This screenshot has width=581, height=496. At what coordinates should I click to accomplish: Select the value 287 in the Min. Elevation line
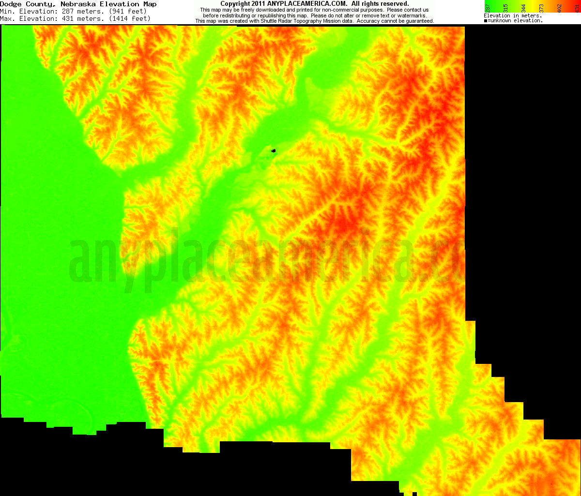[x=70, y=11]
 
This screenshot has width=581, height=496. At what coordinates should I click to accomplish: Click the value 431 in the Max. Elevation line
[x=70, y=18]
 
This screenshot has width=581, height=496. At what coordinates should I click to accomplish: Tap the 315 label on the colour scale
[x=505, y=9]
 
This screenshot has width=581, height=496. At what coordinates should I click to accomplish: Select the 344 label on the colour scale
[x=523, y=9]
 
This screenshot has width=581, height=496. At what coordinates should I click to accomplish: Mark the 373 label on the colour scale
[x=541, y=9]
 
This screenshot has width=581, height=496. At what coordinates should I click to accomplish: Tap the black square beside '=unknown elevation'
[x=486, y=21]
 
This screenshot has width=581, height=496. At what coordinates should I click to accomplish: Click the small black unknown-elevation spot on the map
[x=274, y=151]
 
